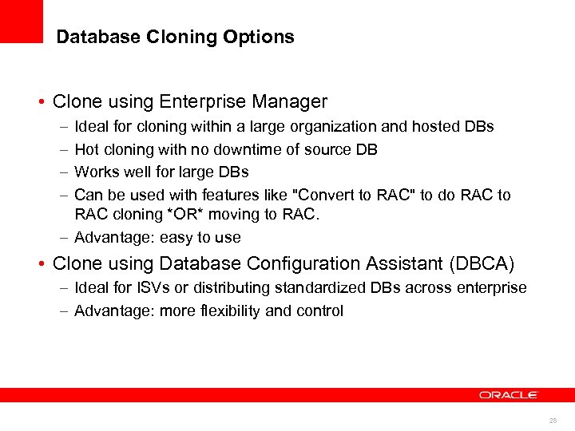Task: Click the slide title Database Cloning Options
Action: click(x=175, y=37)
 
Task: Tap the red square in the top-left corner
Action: click(x=21, y=21)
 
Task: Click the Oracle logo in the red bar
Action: click(x=509, y=395)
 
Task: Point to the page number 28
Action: click(x=553, y=420)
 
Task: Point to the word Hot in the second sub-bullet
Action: click(x=86, y=149)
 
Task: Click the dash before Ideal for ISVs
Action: click(x=63, y=287)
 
